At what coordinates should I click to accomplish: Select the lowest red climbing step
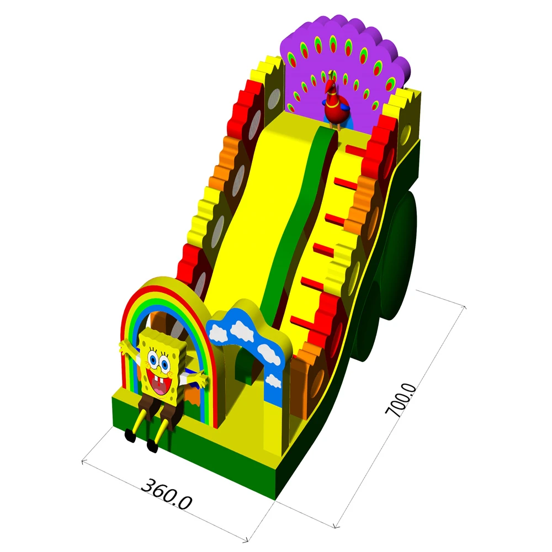(301, 320)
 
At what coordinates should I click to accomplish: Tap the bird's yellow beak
(328, 88)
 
